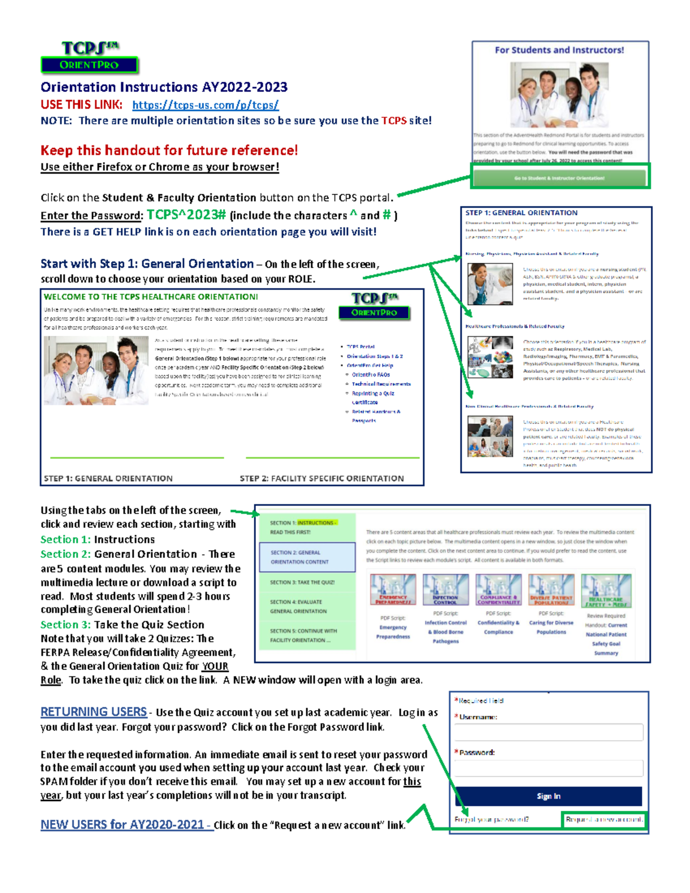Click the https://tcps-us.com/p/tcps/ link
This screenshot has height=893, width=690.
click(205, 105)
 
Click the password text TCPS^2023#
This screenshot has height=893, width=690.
click(186, 215)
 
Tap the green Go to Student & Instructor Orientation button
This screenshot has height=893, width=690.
click(559, 178)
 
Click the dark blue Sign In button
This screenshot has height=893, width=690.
click(549, 796)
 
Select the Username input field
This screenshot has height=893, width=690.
click(549, 732)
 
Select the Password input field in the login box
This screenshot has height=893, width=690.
click(549, 768)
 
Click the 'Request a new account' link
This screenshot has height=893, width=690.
click(604, 819)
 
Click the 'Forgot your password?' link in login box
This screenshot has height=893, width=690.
click(492, 819)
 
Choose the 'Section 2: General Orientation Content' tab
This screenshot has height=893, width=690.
click(307, 557)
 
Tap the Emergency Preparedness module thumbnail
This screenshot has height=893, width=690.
click(393, 589)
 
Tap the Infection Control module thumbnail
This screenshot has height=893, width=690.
click(446, 589)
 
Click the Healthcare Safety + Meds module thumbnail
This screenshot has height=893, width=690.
click(606, 591)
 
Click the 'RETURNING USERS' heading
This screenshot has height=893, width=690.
click(94, 712)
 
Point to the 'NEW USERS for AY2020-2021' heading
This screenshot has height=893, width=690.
click(122, 825)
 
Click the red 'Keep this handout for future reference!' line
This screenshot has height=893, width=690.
click(169, 151)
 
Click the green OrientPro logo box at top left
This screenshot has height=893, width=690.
click(89, 65)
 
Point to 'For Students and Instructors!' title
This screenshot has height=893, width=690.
click(559, 50)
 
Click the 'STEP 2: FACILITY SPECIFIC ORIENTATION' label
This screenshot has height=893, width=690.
click(321, 478)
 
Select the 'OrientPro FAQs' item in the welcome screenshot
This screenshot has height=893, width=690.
click(371, 374)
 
